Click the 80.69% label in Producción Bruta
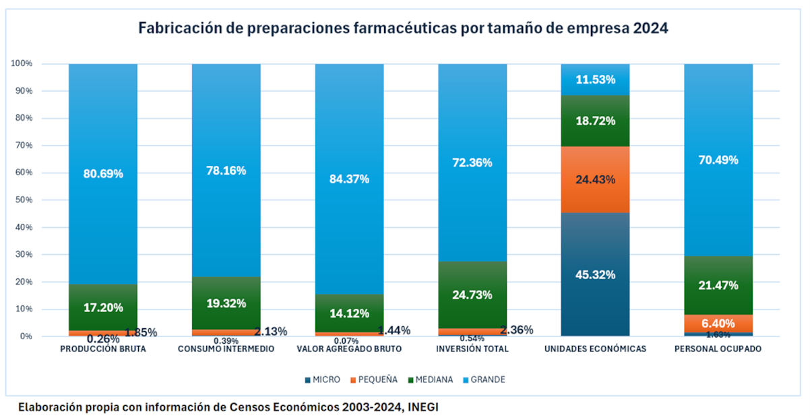(x=103, y=173)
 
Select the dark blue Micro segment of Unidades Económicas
(x=595, y=274)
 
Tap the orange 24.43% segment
(x=595, y=179)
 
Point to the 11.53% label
(x=595, y=80)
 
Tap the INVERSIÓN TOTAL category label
(x=472, y=349)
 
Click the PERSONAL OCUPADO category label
(x=718, y=349)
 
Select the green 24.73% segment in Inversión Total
(x=472, y=295)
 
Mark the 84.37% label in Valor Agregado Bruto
(x=349, y=179)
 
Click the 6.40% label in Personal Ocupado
(x=718, y=324)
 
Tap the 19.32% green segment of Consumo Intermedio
(x=226, y=303)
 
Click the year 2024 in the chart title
(x=650, y=28)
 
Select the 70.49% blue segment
(x=718, y=160)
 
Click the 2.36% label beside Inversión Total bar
(x=516, y=330)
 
